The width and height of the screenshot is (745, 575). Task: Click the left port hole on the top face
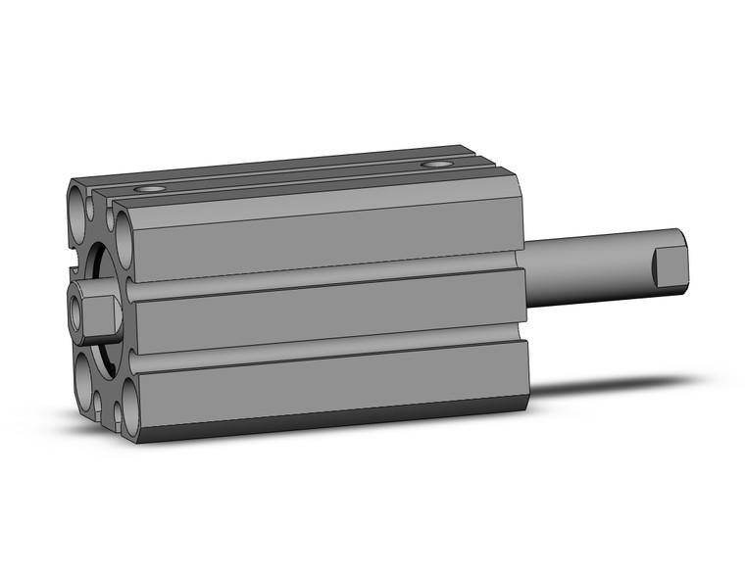coord(152,187)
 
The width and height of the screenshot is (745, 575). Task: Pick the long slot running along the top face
coord(294,171)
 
